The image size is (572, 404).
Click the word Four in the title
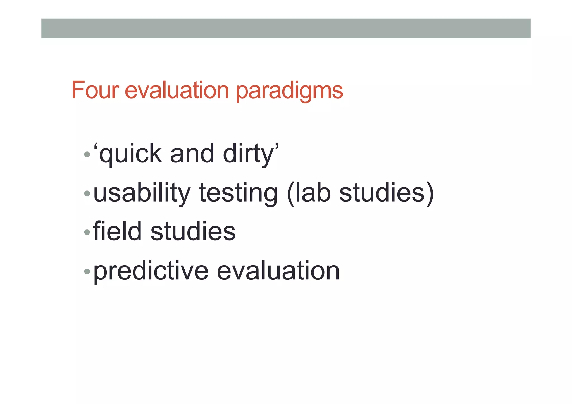(x=95, y=90)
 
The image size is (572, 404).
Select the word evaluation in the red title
(x=177, y=90)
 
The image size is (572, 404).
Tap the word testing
(x=238, y=193)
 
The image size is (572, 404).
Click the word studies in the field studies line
(x=193, y=231)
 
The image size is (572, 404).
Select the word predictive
(x=151, y=271)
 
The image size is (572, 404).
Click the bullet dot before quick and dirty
(x=87, y=154)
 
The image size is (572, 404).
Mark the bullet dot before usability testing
(x=87, y=193)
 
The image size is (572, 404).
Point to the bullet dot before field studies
(x=87, y=232)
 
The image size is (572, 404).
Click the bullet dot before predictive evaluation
(x=87, y=271)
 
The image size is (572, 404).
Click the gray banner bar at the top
(x=286, y=28)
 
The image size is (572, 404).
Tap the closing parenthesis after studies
(x=430, y=194)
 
